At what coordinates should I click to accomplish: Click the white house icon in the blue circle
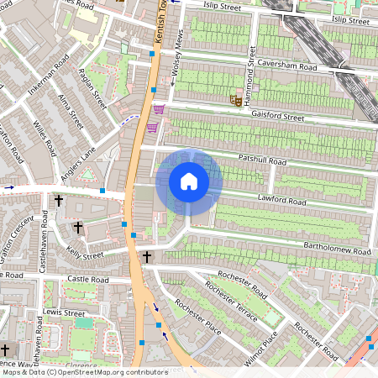[x=189, y=181]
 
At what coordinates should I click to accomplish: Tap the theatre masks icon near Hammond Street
[x=236, y=99]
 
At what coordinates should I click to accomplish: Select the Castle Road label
[x=88, y=279]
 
